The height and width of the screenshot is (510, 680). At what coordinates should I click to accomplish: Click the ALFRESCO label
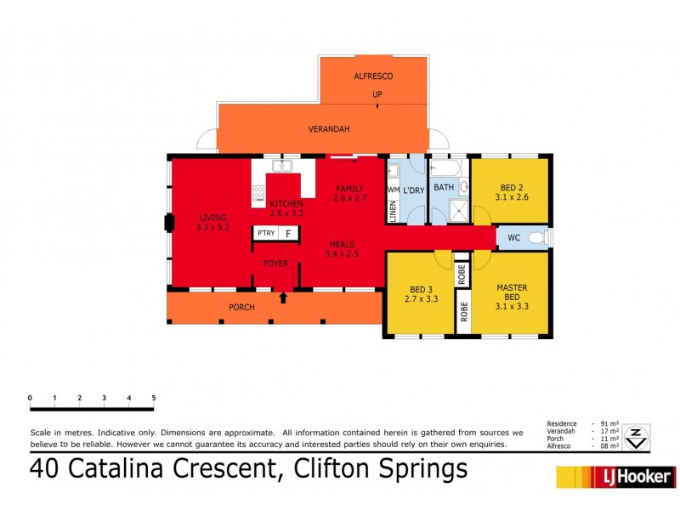373,76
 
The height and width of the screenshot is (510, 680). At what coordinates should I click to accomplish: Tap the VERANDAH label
328,129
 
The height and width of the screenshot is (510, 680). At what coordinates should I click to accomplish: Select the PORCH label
241,307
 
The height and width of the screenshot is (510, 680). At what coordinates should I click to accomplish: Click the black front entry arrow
283,297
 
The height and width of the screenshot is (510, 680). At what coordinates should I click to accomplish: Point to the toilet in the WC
536,238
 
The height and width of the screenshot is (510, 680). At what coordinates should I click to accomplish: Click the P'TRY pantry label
265,233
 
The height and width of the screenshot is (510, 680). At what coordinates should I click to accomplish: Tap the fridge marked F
288,233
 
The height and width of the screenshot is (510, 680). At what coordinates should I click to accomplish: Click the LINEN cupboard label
394,212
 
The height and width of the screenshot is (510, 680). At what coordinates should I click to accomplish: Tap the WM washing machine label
393,190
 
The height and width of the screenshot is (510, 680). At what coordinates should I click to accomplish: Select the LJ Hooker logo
616,477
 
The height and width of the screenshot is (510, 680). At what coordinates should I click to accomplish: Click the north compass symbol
636,438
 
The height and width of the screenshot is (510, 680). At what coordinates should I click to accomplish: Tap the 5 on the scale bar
153,398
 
